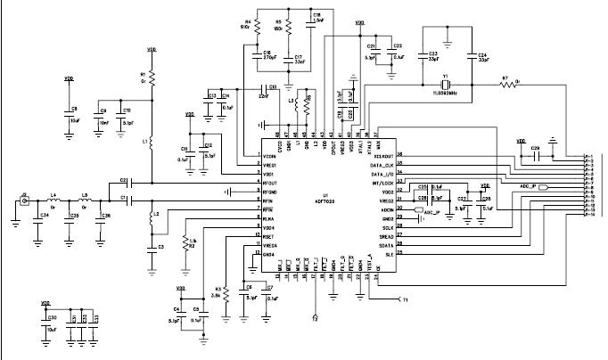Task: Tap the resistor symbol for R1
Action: pos(151,78)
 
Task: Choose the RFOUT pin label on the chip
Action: pos(267,183)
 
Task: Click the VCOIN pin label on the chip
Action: pos(269,156)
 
